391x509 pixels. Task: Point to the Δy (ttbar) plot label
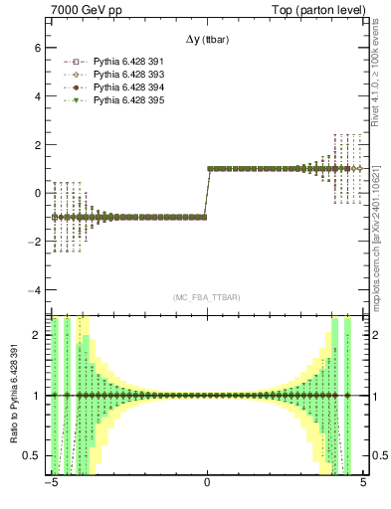(x=207, y=40)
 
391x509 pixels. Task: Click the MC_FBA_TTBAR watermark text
(x=207, y=297)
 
